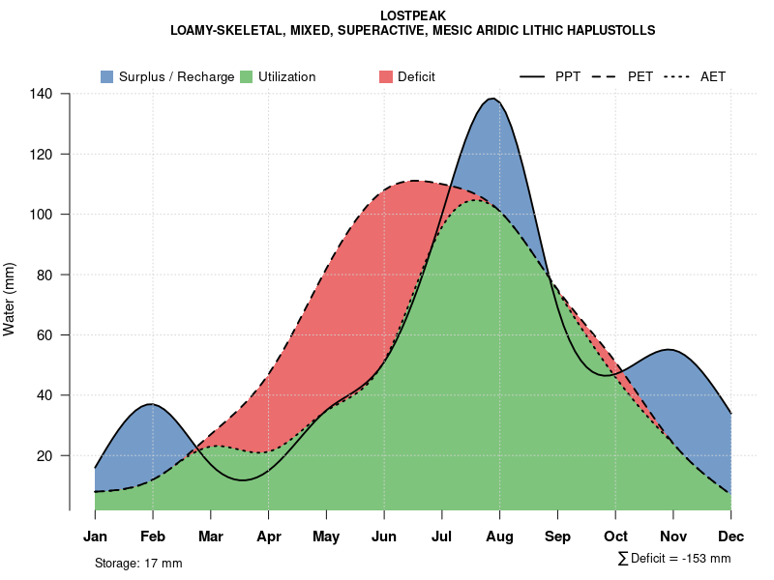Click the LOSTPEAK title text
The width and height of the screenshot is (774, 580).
pos(412,15)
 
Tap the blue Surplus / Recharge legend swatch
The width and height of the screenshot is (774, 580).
pos(106,76)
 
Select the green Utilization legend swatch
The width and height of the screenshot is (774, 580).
pos(247,76)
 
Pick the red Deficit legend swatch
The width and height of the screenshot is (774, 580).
pos(386,76)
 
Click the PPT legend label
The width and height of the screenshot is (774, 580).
pos(568,76)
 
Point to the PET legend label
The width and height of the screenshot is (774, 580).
pos(640,76)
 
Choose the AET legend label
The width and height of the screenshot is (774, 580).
pos(713,76)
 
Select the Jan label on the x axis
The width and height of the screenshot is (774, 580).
pos(95,536)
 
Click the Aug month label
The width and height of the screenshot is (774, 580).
pos(499,536)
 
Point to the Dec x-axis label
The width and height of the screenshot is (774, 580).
pos(730,536)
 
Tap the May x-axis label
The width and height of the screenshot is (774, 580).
pos(326,536)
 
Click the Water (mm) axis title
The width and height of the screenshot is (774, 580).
pos(10,300)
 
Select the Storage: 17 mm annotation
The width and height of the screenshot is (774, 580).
pos(138,563)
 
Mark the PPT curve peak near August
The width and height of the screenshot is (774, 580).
pos(493,99)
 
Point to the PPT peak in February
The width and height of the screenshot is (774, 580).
pos(151,404)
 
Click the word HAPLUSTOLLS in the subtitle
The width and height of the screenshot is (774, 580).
pos(607,31)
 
